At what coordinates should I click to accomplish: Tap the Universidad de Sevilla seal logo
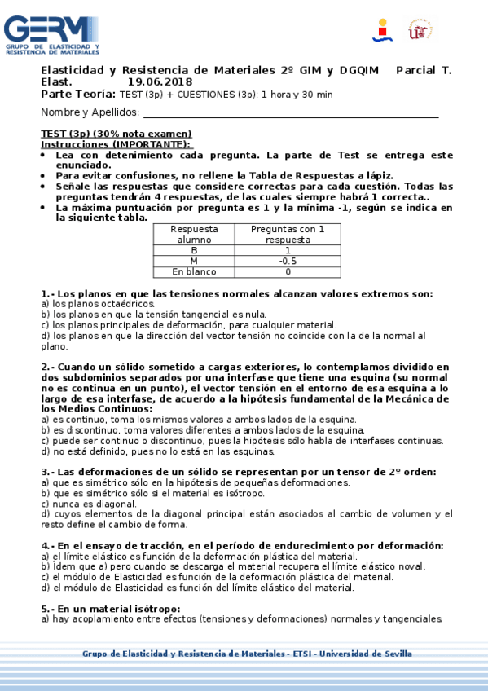[420, 29]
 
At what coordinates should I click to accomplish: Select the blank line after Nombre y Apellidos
[290, 113]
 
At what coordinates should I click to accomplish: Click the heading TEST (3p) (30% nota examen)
[117, 134]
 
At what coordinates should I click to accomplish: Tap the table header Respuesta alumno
[194, 235]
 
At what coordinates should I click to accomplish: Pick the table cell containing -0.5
[287, 261]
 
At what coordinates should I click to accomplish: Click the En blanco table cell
[194, 271]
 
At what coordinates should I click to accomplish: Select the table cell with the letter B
[194, 250]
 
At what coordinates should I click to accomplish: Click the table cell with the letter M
[194, 261]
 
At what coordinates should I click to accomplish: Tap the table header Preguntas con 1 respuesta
[287, 235]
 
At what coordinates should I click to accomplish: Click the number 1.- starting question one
[47, 293]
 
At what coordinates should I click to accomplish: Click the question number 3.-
[47, 472]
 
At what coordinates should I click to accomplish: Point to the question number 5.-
[47, 609]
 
